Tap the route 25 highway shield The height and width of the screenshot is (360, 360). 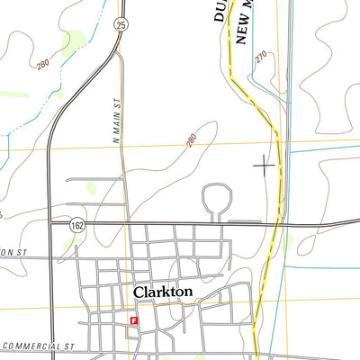[x=121, y=26]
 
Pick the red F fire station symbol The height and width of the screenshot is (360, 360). [x=135, y=319]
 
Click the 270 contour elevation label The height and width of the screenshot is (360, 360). [x=261, y=57]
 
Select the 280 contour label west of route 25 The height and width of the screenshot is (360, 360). [x=43, y=64]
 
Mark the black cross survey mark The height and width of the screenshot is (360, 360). [x=264, y=164]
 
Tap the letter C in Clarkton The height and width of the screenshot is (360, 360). [x=139, y=292]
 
